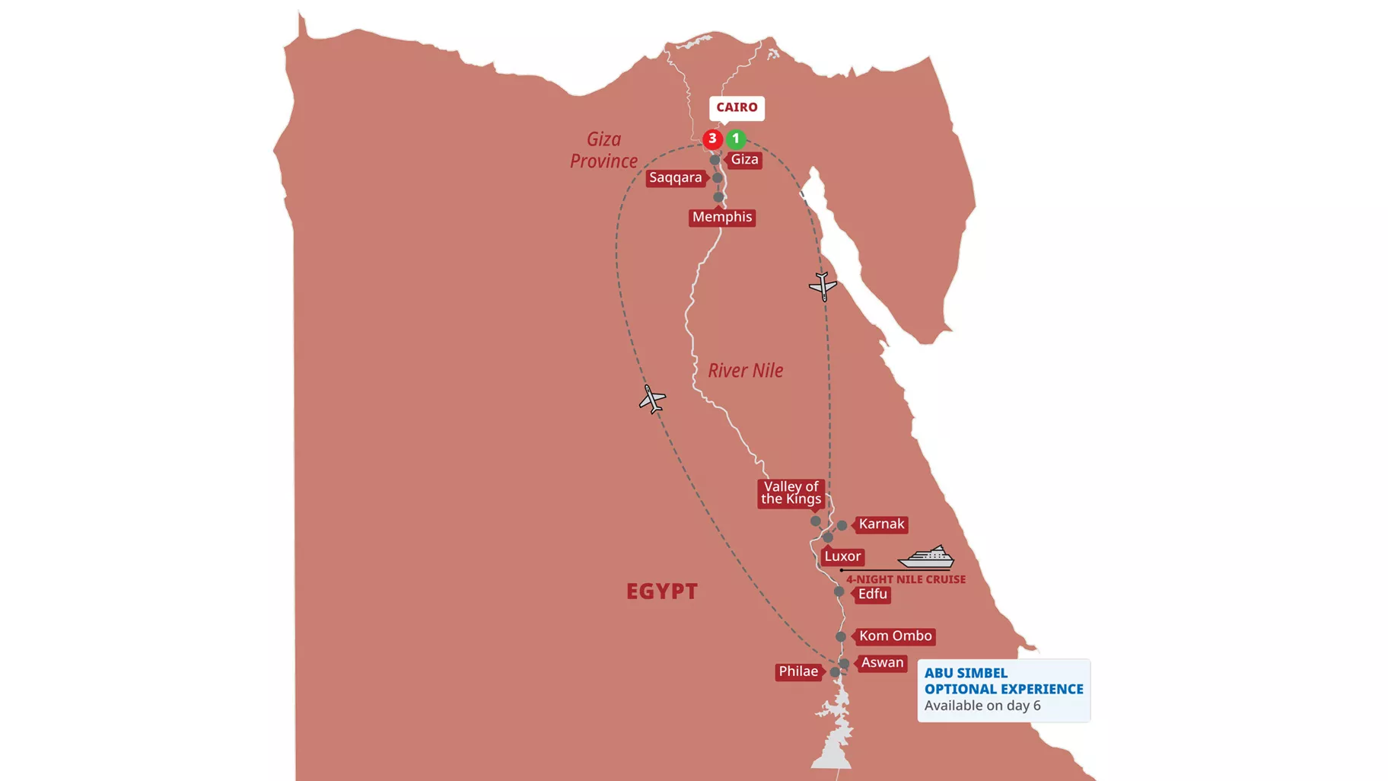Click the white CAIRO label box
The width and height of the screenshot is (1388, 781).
(x=737, y=107)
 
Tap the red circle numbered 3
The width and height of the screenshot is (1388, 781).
(x=712, y=139)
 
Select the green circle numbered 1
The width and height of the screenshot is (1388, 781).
(x=736, y=139)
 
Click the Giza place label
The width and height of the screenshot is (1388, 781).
(x=743, y=160)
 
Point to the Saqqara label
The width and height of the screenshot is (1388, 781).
(x=675, y=178)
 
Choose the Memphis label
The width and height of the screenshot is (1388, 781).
(x=722, y=217)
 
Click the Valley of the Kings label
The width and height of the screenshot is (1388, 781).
(x=791, y=493)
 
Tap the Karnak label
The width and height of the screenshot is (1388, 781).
(x=881, y=524)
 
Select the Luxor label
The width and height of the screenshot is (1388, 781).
(x=842, y=556)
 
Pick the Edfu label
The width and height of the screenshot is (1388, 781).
(x=873, y=595)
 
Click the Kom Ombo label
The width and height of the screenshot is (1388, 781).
(x=895, y=636)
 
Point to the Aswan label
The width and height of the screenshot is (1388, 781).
(x=882, y=663)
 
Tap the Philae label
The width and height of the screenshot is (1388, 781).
(x=798, y=671)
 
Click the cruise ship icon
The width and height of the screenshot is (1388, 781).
(x=926, y=557)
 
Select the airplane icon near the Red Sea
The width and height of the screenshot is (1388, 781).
(x=823, y=286)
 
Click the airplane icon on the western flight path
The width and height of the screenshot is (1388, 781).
(x=652, y=399)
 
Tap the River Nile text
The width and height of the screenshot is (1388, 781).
(x=745, y=371)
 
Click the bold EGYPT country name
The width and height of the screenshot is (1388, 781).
(x=661, y=591)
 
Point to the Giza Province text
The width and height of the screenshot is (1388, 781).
(x=603, y=150)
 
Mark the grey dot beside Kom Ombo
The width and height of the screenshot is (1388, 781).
(x=841, y=636)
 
